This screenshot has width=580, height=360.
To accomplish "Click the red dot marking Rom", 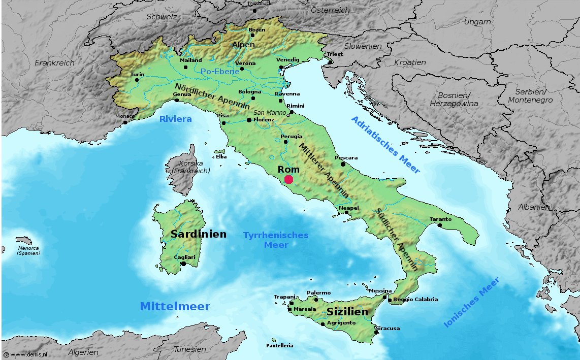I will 288,179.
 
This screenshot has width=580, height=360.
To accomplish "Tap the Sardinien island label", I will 198,234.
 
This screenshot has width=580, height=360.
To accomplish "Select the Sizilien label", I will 347,312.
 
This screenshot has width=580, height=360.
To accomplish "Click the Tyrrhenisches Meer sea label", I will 276,240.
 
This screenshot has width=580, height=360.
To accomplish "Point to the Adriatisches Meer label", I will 385,145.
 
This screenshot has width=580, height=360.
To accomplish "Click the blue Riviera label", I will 175,119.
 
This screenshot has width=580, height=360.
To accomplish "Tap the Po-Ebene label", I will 219,72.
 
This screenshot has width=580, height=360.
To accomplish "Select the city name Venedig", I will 288,59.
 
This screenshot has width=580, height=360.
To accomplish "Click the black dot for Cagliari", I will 183,264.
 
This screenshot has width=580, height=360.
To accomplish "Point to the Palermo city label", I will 318,292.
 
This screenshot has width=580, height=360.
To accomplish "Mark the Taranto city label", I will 440,219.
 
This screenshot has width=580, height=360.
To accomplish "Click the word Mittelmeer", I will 175,306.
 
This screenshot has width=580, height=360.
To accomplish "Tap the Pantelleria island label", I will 279,345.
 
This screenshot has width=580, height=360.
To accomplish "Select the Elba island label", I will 221,157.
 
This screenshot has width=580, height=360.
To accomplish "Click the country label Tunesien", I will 190,349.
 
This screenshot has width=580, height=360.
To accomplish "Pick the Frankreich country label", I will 54,63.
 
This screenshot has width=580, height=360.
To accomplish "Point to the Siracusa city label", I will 387,328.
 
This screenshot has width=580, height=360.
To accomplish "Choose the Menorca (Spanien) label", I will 29,250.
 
